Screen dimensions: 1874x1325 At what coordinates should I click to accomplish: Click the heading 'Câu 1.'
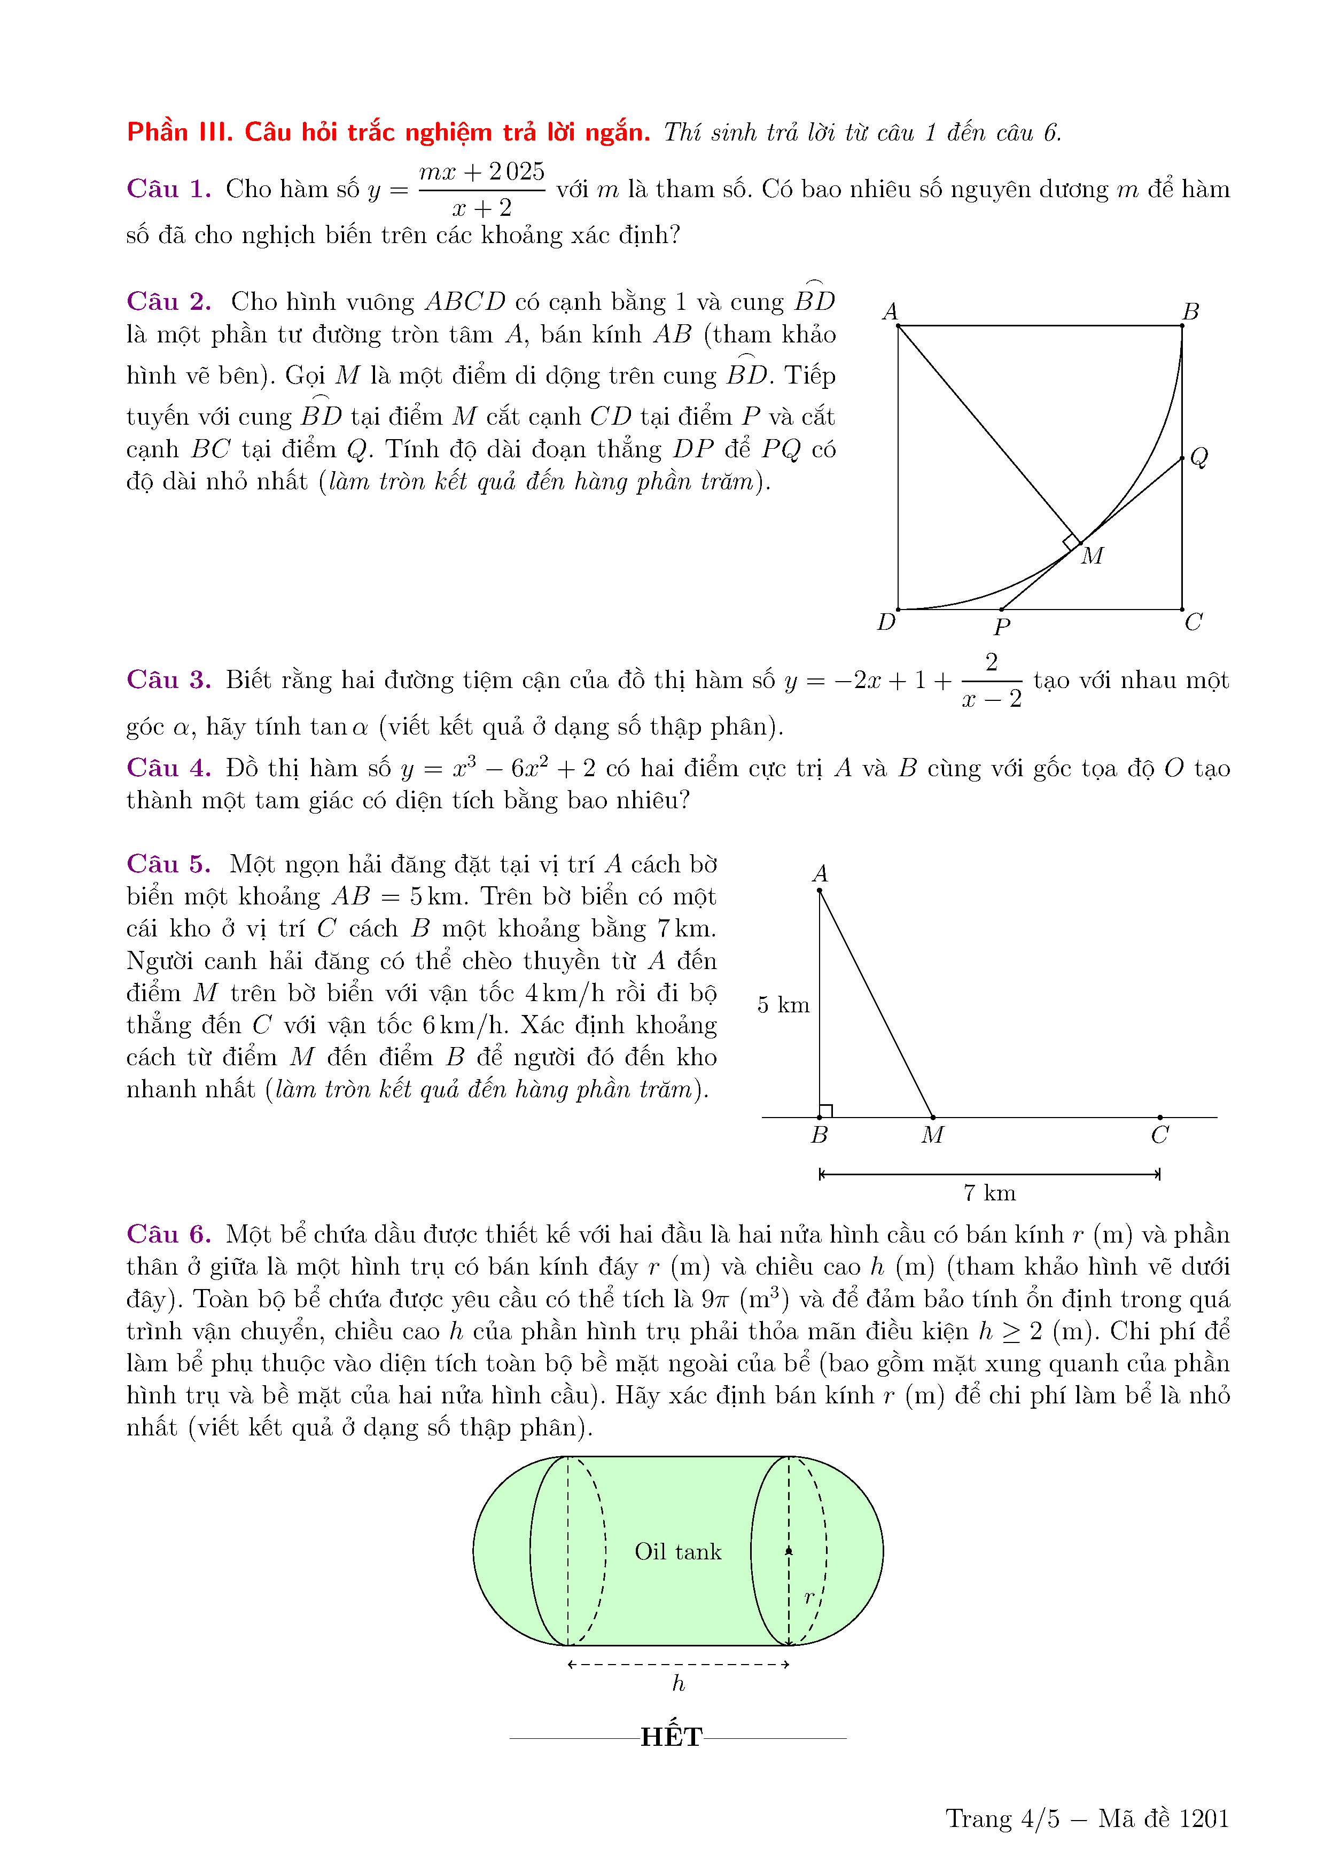[168, 189]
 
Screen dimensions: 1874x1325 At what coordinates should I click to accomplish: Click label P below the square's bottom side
[1002, 627]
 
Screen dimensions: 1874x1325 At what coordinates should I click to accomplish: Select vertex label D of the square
[886, 622]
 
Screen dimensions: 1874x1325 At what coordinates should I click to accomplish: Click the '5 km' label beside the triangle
[783, 1005]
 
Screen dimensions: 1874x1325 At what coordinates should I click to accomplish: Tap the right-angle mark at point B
[825, 1111]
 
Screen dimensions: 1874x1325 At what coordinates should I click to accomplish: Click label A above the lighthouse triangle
[820, 873]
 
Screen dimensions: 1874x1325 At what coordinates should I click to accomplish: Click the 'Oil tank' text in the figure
[677, 1551]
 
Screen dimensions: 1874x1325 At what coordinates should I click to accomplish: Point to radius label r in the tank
[809, 1597]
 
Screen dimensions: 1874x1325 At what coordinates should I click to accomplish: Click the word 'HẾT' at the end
[671, 1736]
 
